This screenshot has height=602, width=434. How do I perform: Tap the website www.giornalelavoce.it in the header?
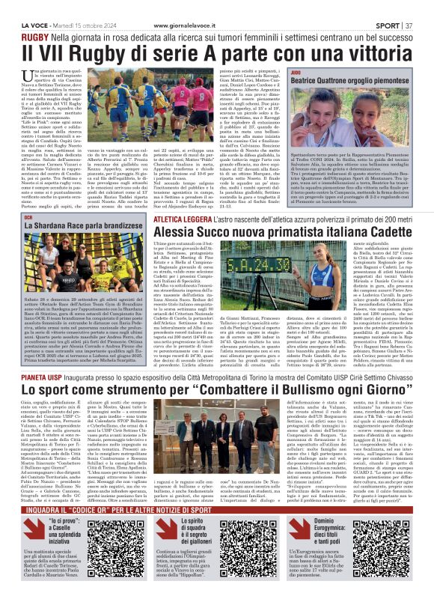(x=196, y=6)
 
